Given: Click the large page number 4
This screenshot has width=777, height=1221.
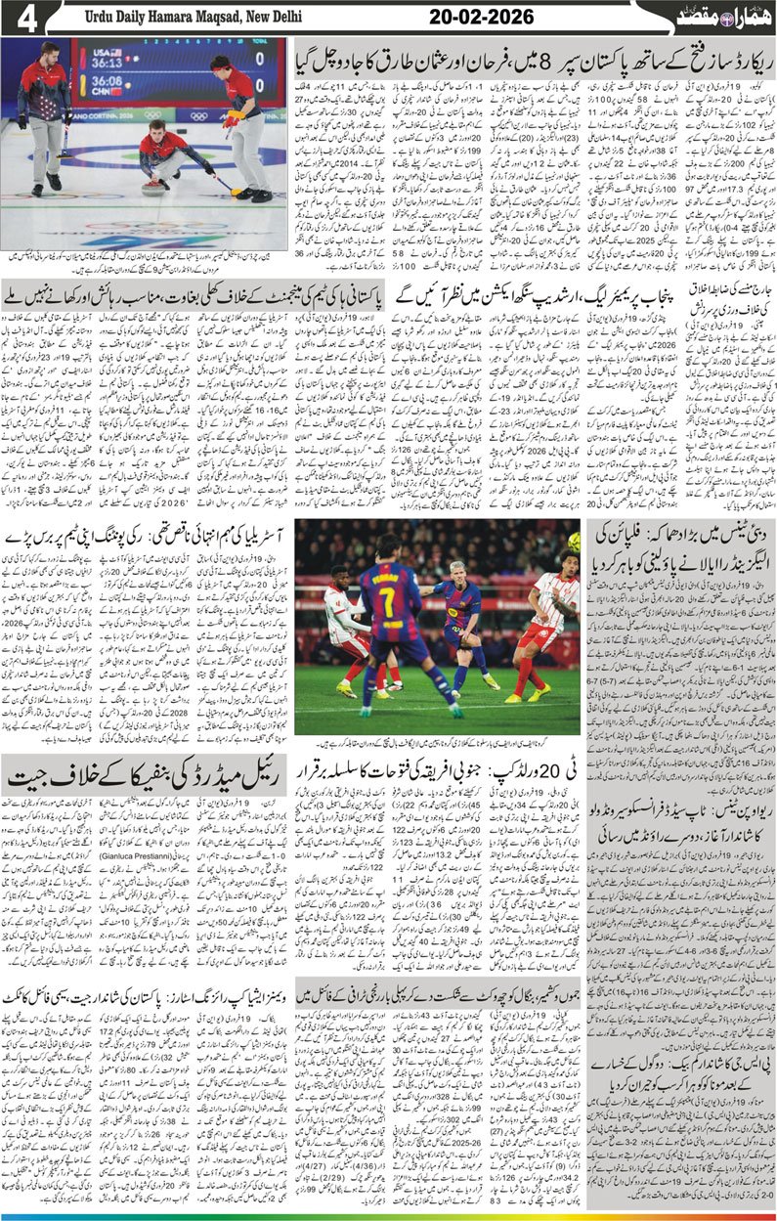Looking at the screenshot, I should click(26, 18).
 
